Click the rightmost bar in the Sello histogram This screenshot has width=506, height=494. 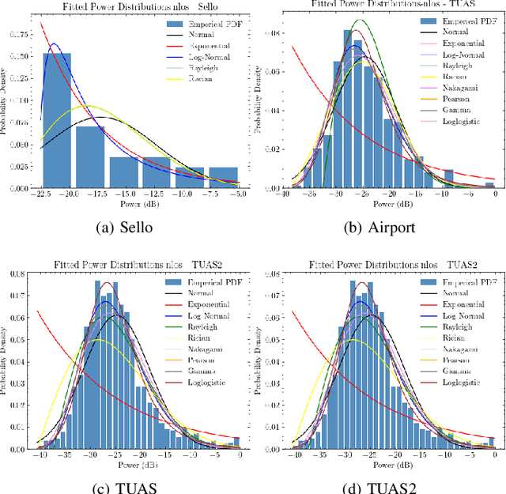coord(223,178)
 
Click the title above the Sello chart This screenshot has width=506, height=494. coord(130,6)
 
